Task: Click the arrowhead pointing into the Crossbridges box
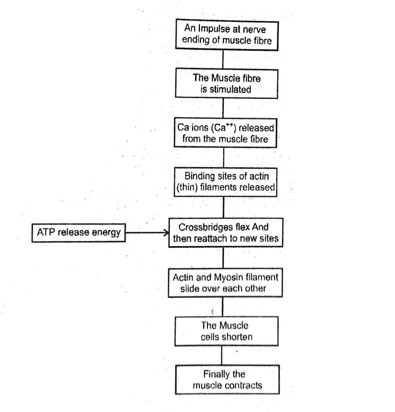coord(165,233)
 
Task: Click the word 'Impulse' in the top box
coord(214,29)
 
